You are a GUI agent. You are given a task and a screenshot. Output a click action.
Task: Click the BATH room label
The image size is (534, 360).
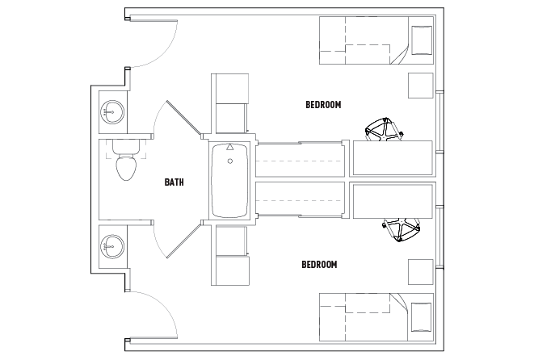(174, 182)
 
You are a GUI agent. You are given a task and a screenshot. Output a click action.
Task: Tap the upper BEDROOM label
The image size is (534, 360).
(323, 104)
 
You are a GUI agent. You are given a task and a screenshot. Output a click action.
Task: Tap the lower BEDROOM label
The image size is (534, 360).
(319, 264)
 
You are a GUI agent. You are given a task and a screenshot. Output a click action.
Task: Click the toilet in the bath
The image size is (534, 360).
(125, 165)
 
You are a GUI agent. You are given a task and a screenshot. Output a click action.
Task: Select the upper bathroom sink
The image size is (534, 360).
(112, 111)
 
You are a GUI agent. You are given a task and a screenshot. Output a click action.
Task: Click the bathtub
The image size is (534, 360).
(230, 179)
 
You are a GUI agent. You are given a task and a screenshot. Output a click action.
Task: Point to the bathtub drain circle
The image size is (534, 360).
(230, 161)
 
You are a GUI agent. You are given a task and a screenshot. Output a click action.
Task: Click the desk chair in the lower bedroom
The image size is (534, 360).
(402, 229)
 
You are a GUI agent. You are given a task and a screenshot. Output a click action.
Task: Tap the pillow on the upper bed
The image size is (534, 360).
(422, 40)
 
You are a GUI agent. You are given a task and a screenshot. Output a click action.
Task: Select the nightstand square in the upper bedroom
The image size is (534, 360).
(421, 85)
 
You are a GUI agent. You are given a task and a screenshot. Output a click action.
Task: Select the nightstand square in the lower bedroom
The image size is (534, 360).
(421, 272)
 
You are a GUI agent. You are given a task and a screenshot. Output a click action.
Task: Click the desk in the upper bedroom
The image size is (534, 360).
(393, 157)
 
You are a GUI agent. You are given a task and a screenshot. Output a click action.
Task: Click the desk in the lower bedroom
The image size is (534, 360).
(393, 200)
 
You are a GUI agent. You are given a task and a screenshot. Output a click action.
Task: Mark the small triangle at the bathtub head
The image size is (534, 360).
(230, 148)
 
